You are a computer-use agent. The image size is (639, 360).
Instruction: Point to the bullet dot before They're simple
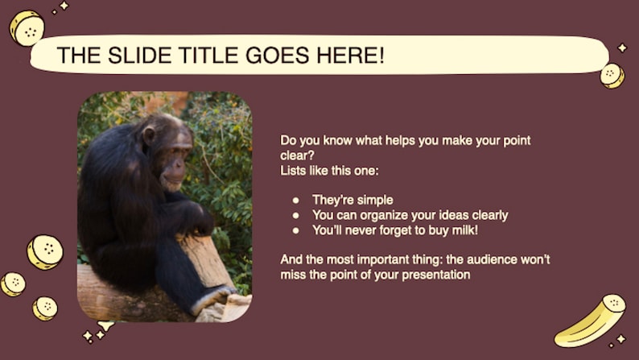point(295,200)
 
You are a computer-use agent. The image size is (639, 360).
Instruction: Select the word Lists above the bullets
point(294,171)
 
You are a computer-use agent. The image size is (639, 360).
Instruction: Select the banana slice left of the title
point(27,28)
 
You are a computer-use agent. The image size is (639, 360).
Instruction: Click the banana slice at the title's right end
point(612,75)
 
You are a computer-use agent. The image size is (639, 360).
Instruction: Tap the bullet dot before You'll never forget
point(295,230)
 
